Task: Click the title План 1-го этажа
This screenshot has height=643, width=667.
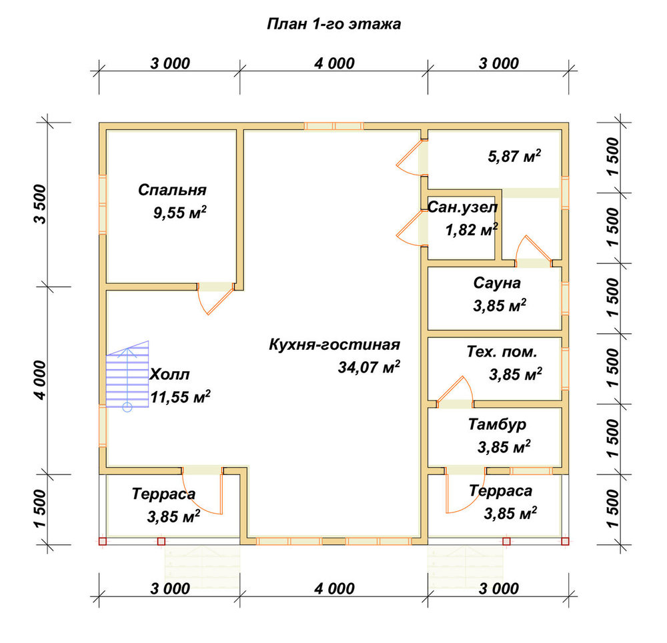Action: tap(334, 24)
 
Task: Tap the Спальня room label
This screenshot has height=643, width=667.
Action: tap(172, 190)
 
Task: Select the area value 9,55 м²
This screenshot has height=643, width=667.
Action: tap(180, 212)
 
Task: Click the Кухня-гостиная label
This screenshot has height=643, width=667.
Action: tap(334, 344)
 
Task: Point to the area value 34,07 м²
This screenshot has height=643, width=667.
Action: tap(369, 366)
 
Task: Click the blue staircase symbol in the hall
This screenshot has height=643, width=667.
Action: tap(127, 376)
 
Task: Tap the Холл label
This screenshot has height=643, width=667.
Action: tap(169, 374)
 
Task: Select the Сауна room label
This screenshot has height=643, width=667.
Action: tap(497, 283)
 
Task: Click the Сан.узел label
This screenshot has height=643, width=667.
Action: tap(462, 207)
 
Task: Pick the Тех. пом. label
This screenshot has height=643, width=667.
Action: tap(502, 352)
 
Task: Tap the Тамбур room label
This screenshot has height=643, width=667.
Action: tap(498, 424)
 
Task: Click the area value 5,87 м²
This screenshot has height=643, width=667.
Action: tap(514, 156)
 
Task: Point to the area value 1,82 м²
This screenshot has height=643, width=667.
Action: tap(472, 230)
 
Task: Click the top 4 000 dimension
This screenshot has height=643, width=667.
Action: tap(334, 63)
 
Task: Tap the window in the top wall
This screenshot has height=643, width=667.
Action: tap(334, 126)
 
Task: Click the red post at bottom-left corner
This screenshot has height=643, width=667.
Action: tap(102, 541)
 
